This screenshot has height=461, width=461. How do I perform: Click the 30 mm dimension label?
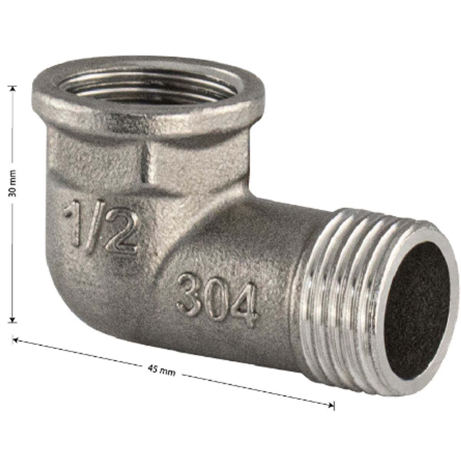(12, 183)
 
